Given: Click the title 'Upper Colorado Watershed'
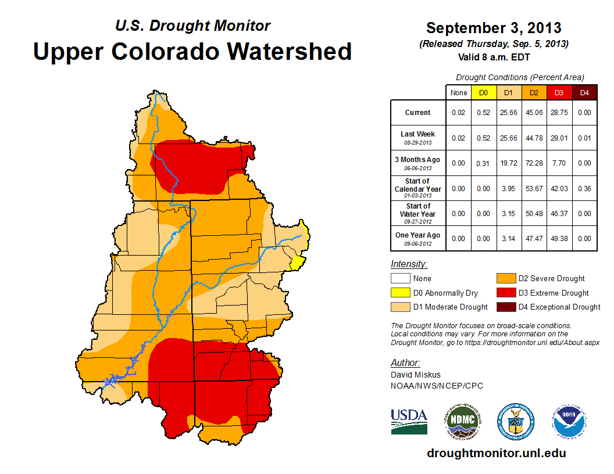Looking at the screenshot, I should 192,51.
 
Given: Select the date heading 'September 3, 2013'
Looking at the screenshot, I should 494,28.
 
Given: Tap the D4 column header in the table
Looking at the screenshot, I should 584,92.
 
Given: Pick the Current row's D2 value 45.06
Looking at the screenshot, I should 534,113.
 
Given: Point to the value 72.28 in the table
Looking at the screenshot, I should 534,163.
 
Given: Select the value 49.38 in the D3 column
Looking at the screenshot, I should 559,238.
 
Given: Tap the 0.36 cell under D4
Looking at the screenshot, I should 584,188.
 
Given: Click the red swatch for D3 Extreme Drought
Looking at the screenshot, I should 506,293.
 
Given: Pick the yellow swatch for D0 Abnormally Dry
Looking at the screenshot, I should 401,293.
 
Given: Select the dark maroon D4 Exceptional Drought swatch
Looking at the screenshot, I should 506,307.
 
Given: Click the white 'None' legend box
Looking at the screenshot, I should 401,279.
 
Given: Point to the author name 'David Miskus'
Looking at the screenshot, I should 416,375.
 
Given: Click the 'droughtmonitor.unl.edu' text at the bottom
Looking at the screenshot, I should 496,453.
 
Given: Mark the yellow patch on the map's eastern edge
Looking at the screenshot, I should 297,263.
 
